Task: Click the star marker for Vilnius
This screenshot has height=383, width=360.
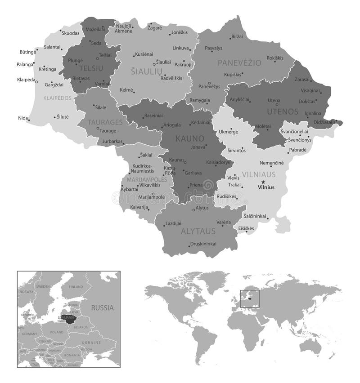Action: coord(263,182)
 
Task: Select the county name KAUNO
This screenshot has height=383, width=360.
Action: coord(190,138)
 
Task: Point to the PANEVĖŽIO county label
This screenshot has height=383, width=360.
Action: coord(239,63)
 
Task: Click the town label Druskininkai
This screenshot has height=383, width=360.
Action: coord(203,244)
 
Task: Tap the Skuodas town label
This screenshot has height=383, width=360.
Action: coord(71,33)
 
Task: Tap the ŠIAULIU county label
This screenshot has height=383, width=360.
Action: coord(145,71)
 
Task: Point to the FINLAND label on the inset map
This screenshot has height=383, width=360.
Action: coord(76,286)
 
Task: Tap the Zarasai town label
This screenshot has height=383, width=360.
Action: coord(302,79)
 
